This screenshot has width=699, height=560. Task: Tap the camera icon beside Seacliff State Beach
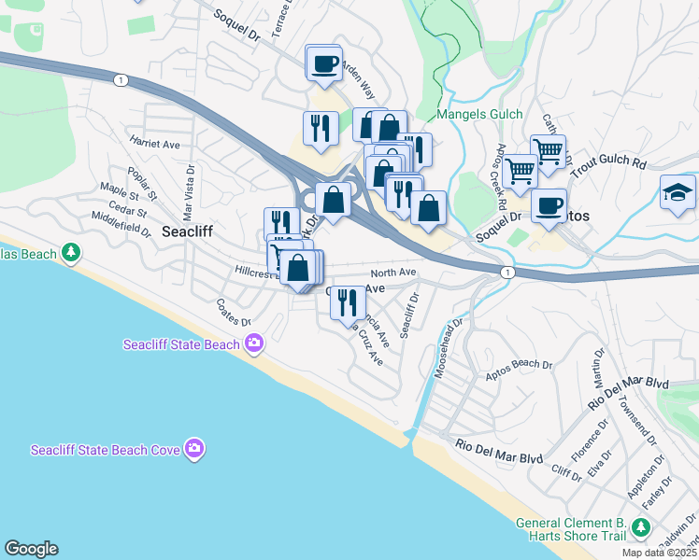click(254, 344)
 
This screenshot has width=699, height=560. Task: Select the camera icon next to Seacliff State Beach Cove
click(194, 449)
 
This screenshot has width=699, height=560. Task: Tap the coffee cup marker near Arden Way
click(324, 63)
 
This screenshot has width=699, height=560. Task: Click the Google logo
click(31, 549)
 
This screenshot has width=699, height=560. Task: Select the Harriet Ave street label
click(155, 145)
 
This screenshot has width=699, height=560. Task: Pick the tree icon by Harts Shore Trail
click(640, 528)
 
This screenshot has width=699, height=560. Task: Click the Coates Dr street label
click(234, 312)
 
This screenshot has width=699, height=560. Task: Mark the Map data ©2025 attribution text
click(660, 553)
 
